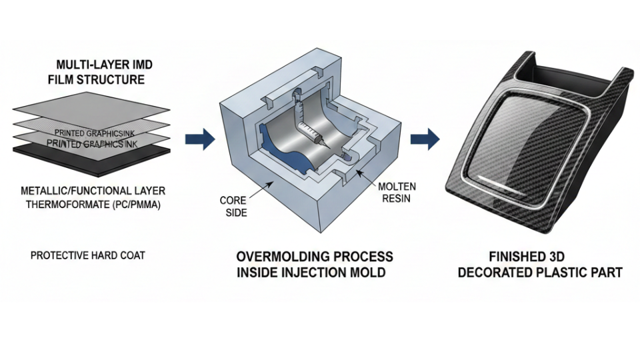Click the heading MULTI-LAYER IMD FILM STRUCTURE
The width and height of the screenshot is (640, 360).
point(100,73)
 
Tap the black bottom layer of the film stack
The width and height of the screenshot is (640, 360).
point(93,155)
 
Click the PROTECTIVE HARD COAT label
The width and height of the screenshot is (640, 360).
point(87,255)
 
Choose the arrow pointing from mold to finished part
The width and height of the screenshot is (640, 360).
point(424,139)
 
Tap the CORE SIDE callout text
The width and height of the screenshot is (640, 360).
point(233,205)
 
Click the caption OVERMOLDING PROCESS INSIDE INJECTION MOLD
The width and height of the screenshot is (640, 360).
point(315,264)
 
